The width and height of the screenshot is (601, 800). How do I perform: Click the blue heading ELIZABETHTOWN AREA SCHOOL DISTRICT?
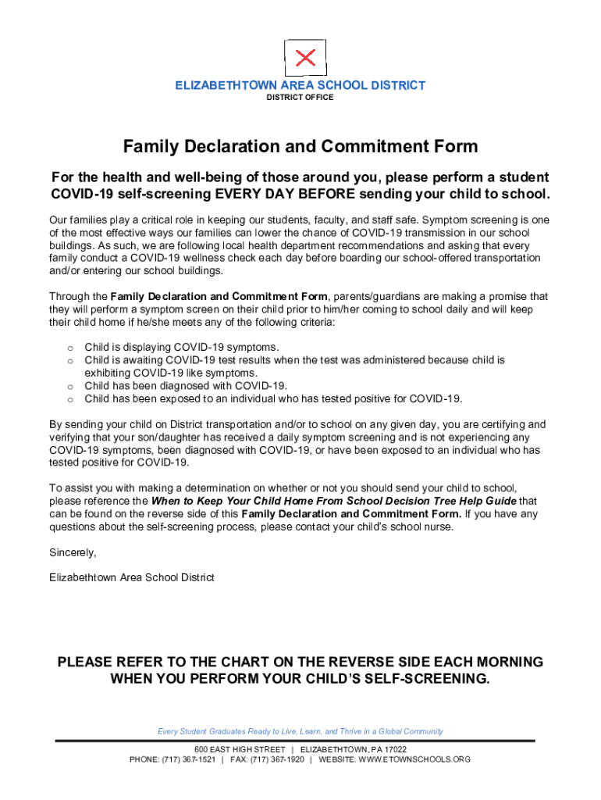300,85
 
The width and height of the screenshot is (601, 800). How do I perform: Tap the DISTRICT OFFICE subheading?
300,98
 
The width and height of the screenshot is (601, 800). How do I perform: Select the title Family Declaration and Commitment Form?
300,147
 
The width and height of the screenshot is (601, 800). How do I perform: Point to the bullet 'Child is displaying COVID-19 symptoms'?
182,347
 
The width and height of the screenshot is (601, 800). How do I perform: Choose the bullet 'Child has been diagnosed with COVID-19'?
186,386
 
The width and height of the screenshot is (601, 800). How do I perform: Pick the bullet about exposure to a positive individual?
273,399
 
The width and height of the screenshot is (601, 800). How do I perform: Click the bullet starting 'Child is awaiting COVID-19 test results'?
294,360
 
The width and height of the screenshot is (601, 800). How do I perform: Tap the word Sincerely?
73,552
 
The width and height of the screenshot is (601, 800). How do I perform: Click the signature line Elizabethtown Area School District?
131,577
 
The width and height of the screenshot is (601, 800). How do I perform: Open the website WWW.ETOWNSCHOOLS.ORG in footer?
414,759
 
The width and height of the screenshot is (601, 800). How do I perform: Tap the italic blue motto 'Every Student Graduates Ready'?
300,731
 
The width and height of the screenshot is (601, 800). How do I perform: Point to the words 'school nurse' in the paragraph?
422,527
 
